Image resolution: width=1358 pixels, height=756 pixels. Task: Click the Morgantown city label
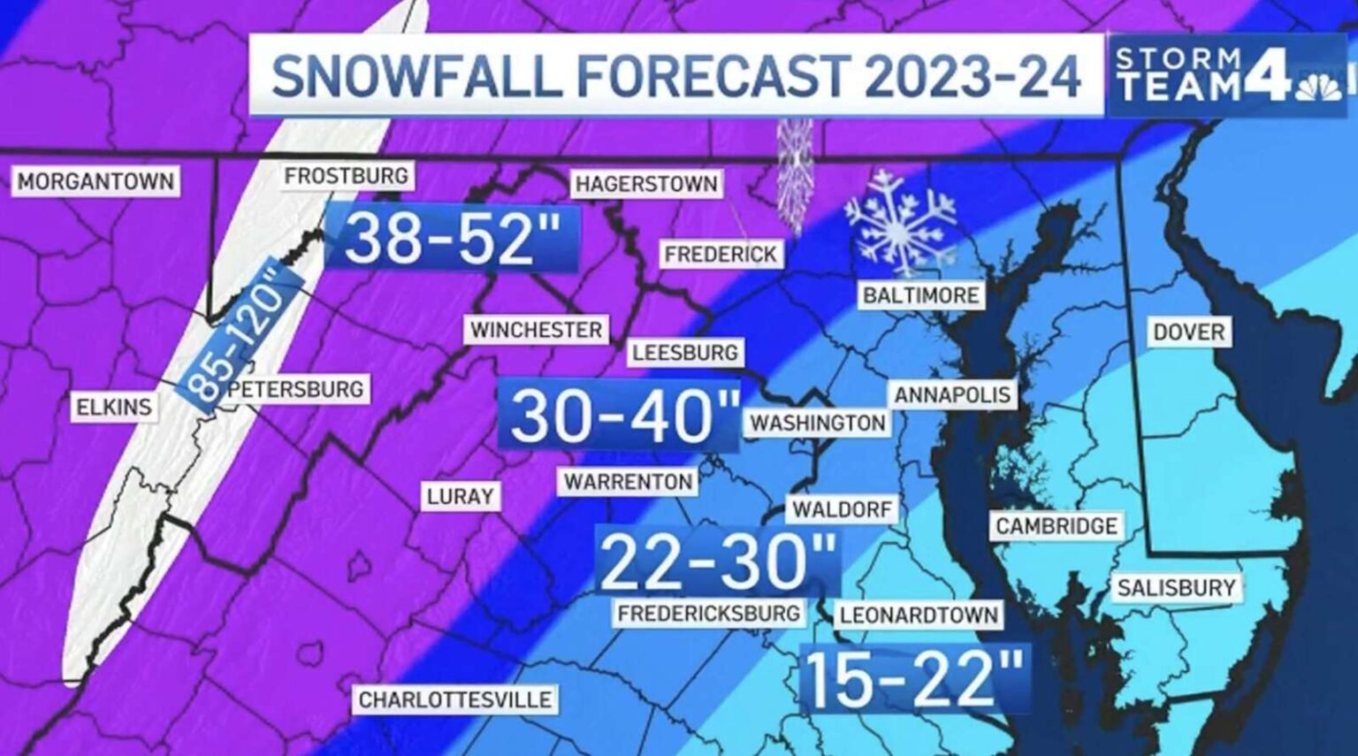pos(95,182)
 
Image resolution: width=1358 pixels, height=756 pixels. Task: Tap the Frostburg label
pos(347,176)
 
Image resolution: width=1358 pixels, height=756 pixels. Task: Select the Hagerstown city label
pos(646,184)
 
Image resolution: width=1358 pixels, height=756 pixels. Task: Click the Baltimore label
pos(920,295)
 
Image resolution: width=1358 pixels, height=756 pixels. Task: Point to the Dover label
pos(1188,332)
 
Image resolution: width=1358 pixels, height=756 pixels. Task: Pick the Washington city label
pos(818,424)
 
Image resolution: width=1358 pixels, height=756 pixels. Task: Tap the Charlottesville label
pos(454,700)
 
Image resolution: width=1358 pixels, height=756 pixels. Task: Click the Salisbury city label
pos(1176,588)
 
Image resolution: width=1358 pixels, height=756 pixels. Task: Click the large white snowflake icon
pos(900,220)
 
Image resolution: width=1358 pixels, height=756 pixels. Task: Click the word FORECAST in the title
pos(713,76)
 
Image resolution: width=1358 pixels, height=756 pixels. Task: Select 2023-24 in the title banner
pos(973,76)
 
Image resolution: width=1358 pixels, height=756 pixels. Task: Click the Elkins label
pos(114,408)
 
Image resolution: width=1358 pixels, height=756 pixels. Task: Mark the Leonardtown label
pos(919,615)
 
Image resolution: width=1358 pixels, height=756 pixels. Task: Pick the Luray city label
pos(460,497)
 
